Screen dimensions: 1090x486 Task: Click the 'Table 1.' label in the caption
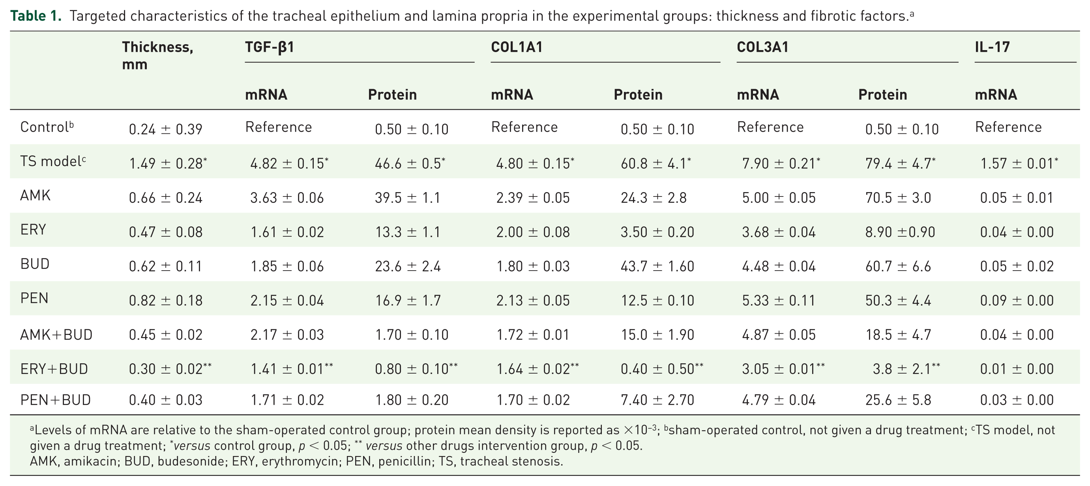click(36, 16)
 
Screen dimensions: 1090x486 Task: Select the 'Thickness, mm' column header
click(157, 55)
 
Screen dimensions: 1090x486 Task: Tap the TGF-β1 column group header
click(270, 47)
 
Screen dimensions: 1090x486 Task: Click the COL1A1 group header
click(517, 47)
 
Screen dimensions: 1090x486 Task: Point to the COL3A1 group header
click(762, 47)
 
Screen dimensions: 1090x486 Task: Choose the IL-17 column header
click(992, 47)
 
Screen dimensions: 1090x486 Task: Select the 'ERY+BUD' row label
click(54, 369)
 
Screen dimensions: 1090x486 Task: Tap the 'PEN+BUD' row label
click(55, 400)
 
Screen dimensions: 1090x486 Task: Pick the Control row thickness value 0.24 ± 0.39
click(165, 129)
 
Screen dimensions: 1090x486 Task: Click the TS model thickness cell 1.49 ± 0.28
click(168, 163)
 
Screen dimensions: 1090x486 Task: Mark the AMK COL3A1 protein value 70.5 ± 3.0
click(898, 198)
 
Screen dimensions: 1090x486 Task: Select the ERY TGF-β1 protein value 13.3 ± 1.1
click(408, 232)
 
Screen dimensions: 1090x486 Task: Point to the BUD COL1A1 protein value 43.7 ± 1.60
click(657, 266)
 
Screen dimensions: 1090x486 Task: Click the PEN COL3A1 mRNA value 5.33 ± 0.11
click(779, 300)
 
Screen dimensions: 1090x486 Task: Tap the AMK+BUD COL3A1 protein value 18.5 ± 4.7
click(898, 335)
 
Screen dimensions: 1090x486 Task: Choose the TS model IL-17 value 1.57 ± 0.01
click(1019, 163)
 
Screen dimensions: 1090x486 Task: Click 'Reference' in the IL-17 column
click(1008, 127)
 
